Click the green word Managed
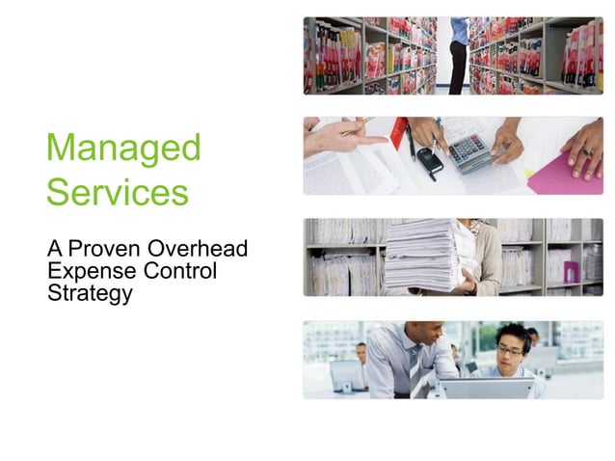pos(123,149)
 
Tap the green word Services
pos(117,192)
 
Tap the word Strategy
pos(90,293)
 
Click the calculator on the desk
pos(469,151)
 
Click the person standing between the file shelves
pos(459,53)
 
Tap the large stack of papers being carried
pos(429,253)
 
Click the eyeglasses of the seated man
pos(511,350)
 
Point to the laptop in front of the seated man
pos(486,388)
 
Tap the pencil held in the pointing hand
pos(358,125)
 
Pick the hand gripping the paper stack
pos(466,283)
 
